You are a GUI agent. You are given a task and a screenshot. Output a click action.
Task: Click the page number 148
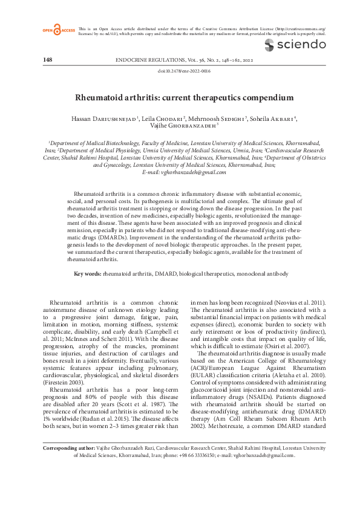click(48, 60)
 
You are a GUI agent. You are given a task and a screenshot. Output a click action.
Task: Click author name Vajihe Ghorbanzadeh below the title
click(182, 126)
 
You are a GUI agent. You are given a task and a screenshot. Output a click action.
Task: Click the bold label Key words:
click(87, 274)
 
